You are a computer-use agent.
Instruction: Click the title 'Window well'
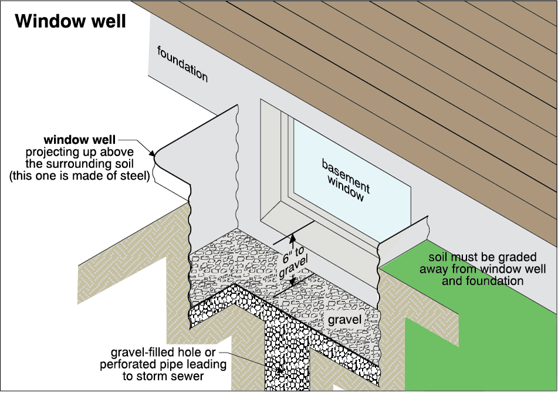(70, 22)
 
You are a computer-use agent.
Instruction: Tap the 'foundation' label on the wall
(182, 63)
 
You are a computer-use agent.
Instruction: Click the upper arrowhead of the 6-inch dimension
(292, 238)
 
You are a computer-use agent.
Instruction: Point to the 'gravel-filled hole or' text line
(163, 353)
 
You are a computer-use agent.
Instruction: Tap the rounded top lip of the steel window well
(156, 155)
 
